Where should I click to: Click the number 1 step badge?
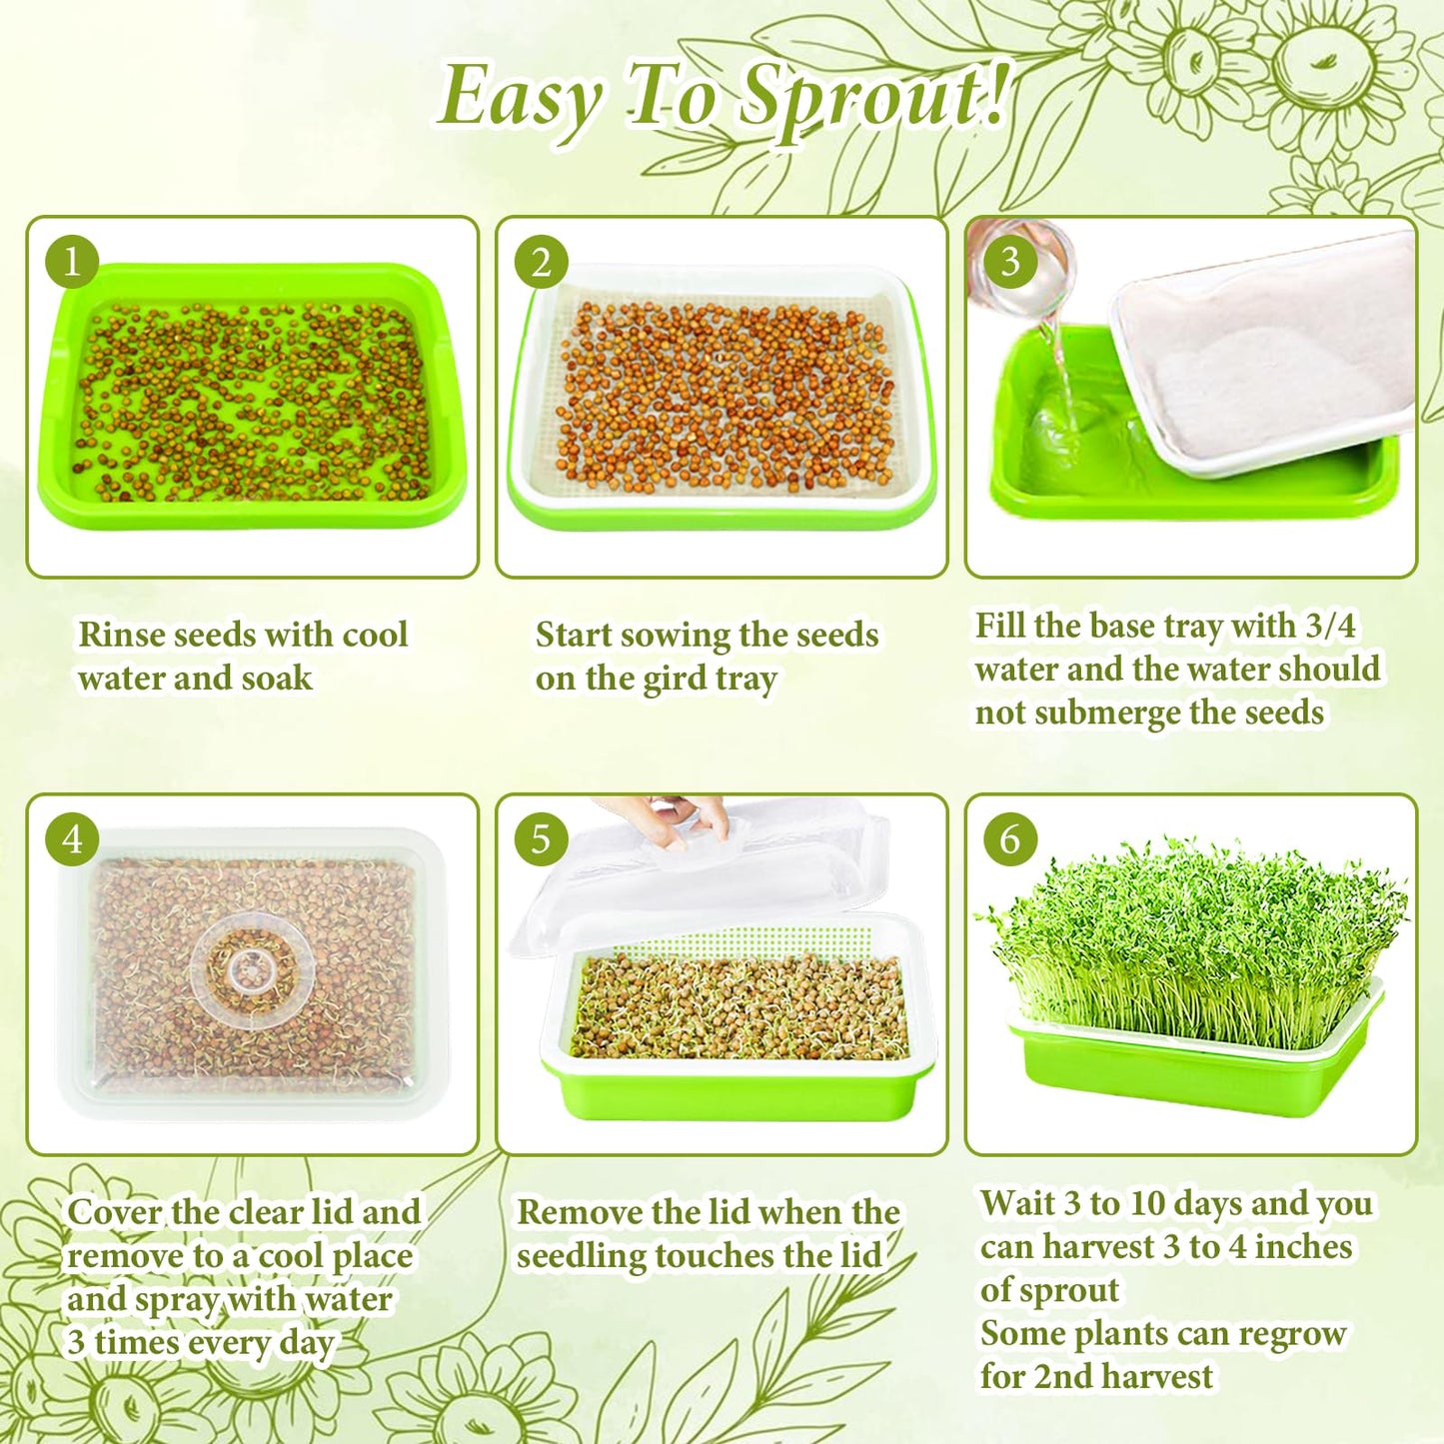[x=72, y=263]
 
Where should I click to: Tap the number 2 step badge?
[x=541, y=263]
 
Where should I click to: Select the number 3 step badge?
[x=1010, y=262]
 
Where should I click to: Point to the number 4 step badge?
[x=72, y=839]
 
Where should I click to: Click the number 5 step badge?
[x=541, y=839]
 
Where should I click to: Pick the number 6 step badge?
[x=1010, y=839]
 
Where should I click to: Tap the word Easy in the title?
[x=520, y=98]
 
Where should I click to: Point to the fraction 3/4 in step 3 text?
[x=1331, y=627]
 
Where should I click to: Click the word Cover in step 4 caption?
[x=114, y=1212]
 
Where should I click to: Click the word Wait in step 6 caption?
[x=1017, y=1203]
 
